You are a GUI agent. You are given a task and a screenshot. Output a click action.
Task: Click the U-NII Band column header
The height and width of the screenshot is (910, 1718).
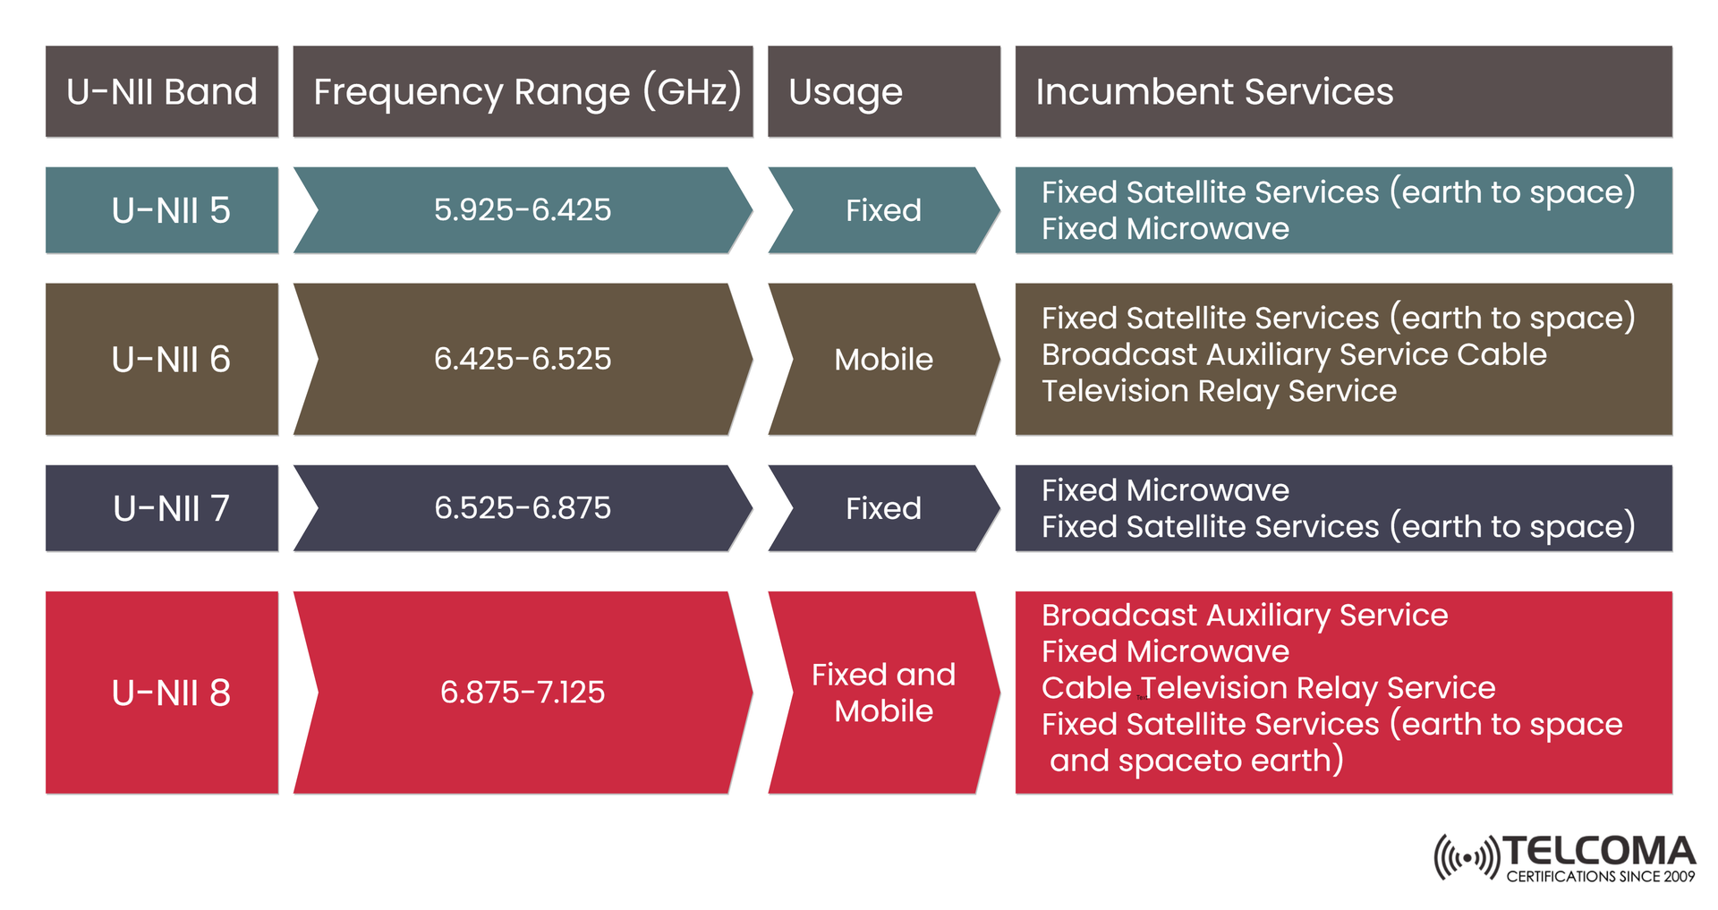tap(162, 91)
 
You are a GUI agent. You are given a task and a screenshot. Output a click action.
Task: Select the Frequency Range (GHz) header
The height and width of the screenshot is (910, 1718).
tap(526, 91)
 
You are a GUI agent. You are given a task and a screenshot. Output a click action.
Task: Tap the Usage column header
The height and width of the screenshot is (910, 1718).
tap(846, 91)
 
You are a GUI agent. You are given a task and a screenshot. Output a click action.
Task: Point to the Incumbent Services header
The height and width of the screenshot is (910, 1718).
tap(1214, 91)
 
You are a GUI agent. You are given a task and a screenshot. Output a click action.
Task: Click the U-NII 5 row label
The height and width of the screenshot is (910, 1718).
tap(170, 210)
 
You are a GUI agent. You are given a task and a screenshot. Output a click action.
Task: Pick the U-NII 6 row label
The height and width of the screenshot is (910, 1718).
tap(170, 359)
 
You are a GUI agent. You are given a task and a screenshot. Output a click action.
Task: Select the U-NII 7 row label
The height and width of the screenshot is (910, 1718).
tap(170, 508)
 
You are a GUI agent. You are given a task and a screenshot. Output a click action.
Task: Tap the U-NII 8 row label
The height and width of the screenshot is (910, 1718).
tap(170, 693)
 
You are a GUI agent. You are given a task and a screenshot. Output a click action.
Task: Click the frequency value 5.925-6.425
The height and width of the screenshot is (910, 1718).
tap(523, 210)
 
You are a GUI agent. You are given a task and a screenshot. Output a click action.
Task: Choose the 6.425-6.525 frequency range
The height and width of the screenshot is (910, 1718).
tap(523, 359)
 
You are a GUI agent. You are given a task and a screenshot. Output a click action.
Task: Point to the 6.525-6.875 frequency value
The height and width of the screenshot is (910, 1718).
tap(523, 508)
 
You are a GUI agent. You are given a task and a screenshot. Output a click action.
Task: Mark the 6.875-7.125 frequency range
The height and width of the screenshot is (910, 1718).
tap(523, 693)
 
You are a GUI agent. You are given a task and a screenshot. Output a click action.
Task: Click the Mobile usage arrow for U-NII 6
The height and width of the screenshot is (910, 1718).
tap(883, 359)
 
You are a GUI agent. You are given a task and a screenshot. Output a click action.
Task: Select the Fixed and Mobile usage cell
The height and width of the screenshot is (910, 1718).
tap(883, 693)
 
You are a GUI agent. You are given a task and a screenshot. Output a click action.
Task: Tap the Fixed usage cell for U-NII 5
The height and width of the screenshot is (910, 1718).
tap(883, 210)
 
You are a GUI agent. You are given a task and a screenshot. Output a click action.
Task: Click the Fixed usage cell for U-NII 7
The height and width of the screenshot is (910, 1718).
tap(883, 508)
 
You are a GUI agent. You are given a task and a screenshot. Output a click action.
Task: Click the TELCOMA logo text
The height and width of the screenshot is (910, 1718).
tap(1599, 851)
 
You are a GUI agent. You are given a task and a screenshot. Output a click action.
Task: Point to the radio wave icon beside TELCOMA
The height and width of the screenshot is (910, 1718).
tap(1466, 858)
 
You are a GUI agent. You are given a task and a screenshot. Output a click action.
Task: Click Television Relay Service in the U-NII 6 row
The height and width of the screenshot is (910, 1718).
tap(1219, 391)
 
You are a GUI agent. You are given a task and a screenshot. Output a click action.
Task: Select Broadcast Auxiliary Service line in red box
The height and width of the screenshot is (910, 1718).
tap(1244, 616)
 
